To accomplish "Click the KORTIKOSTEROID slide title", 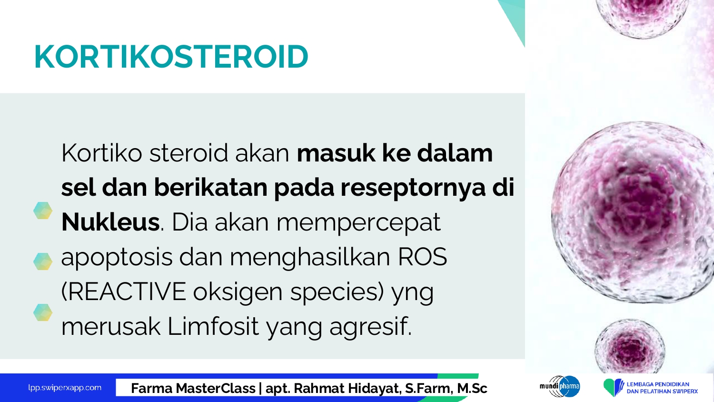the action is pos(171,57).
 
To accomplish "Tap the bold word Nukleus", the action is pos(110,222).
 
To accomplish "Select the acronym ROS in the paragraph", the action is pos(422,257).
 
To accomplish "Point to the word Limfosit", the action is pos(213,326).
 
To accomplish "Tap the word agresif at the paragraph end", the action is pos(370,328).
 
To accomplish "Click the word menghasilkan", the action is pos(310,258).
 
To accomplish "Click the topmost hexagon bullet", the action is pos(43,211).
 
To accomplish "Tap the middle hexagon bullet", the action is pos(43,261).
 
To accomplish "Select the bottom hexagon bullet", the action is pos(43,312).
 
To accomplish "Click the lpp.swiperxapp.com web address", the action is pos(65,388).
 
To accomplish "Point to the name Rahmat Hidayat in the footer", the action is pos(346,389).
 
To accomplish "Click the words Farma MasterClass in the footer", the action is pos(193,388).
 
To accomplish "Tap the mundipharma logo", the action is pos(560,386).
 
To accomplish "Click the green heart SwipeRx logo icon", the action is pos(611,387).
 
